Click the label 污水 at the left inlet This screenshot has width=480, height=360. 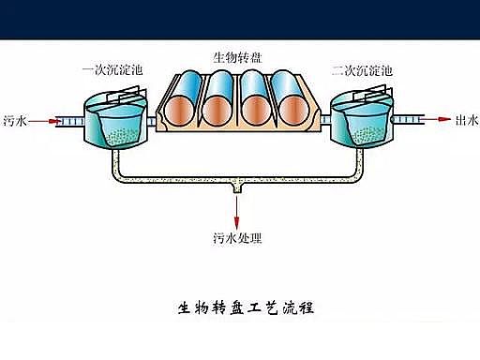(x=15, y=120)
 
